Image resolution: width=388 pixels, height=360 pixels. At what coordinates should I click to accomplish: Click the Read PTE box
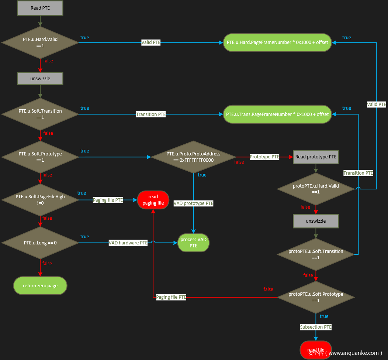40,8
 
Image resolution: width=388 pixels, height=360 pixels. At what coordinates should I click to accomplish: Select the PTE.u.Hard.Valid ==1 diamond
40,42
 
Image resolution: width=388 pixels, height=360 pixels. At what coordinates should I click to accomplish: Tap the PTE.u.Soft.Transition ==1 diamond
40,114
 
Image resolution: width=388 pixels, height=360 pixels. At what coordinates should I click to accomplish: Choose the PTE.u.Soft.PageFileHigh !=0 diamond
40,200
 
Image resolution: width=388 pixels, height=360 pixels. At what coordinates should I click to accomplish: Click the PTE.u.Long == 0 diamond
40,243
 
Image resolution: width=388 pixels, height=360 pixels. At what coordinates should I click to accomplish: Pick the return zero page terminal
40,286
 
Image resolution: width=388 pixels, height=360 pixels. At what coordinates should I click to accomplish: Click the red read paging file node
153,200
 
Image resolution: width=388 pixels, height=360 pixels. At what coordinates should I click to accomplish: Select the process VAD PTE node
194,243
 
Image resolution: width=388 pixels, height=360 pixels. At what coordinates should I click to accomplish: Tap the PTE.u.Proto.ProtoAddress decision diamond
194,157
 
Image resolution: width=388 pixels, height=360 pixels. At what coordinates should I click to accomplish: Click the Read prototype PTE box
316,157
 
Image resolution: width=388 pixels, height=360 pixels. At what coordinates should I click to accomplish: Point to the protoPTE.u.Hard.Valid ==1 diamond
316,189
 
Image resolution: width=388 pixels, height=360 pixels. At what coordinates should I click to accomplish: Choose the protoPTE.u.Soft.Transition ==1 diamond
316,254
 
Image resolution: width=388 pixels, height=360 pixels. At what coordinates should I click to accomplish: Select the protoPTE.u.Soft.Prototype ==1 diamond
316,297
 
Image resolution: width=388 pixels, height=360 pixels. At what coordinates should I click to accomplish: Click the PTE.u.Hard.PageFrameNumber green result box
277,42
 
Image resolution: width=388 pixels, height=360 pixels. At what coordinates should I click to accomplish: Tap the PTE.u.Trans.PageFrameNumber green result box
277,114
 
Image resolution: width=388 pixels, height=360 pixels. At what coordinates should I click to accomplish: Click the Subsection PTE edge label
316,327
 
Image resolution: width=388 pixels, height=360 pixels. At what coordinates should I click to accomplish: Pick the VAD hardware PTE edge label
128,243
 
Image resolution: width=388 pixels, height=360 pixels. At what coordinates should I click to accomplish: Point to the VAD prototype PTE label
194,203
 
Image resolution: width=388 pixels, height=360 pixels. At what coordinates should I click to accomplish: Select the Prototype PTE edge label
264,157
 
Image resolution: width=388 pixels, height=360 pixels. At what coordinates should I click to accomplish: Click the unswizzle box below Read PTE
40,79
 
